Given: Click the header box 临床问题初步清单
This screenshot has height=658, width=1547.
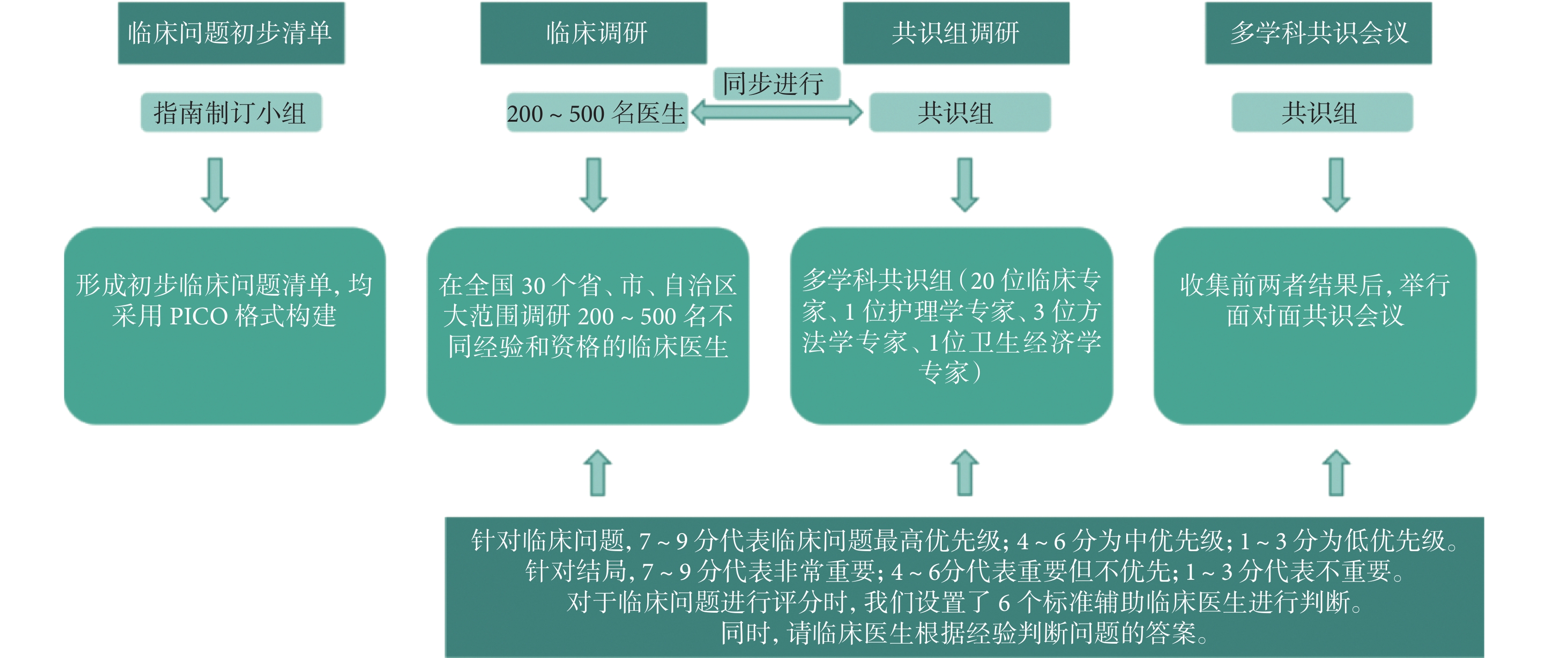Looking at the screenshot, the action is (x=231, y=33).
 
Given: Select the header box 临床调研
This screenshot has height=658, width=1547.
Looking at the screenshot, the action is (x=593, y=33).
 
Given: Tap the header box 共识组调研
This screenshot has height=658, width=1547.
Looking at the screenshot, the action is (x=956, y=33).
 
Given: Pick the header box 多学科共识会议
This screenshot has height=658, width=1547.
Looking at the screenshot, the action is (x=1318, y=33).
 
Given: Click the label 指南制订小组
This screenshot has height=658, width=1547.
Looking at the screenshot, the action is (x=231, y=112).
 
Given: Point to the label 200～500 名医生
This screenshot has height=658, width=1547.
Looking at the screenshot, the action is (x=597, y=112).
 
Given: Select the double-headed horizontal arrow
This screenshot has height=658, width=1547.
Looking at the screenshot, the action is (x=776, y=112).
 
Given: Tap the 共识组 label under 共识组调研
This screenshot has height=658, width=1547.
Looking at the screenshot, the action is (x=960, y=112).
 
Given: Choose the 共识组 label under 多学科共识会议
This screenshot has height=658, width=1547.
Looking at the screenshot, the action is (x=1322, y=112).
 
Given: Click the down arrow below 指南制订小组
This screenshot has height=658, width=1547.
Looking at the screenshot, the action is (x=215, y=185).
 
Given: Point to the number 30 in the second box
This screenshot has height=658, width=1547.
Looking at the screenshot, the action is (x=533, y=286).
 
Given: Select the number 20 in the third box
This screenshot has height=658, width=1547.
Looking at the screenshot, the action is (x=983, y=280).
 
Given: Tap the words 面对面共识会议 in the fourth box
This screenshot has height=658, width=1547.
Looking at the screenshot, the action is (x=1315, y=316).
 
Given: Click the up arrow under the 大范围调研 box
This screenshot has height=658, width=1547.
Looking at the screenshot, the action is (x=597, y=473).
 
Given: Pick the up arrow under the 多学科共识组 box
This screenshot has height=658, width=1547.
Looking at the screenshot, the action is (x=965, y=473).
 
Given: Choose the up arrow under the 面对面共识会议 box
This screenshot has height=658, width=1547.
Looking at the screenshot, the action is (x=1336, y=473).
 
